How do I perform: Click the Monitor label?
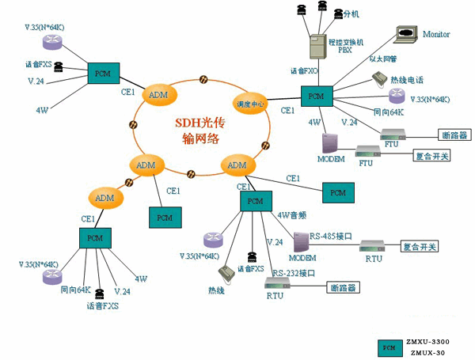click(436, 35)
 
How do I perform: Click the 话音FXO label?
click(305, 71)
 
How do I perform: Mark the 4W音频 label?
click(289, 214)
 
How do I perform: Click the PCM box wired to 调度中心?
click(317, 97)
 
